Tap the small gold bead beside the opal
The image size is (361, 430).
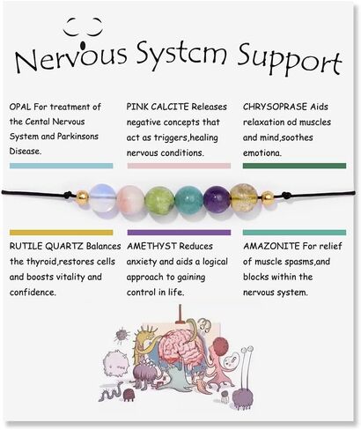[x=82, y=198]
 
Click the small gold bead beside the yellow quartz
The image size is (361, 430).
[x=267, y=198]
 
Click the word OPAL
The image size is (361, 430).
[x=20, y=107]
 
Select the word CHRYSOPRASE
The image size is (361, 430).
[x=275, y=107]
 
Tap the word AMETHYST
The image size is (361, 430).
[x=151, y=246]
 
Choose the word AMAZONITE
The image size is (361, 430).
[x=271, y=246]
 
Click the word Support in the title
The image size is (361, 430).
[x=290, y=59]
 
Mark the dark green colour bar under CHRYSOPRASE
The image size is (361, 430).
[x=294, y=166]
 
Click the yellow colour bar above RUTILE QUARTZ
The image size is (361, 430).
[x=61, y=233]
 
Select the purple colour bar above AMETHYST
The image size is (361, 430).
[x=179, y=233]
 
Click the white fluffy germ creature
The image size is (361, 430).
[x=117, y=364]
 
